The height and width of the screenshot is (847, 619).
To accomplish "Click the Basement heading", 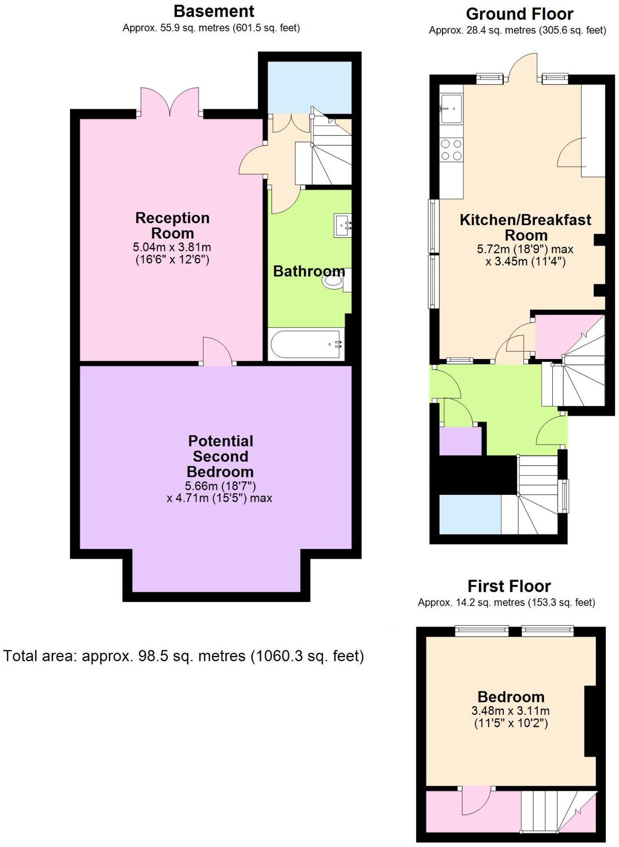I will [214, 11].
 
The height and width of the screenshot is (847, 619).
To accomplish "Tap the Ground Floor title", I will [519, 14].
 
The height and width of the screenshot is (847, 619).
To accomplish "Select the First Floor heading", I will [509, 586].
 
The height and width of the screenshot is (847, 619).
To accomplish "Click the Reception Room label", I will [172, 225].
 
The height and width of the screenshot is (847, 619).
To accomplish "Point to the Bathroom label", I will [309, 271].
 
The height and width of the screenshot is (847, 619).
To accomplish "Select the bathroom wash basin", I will [342, 225].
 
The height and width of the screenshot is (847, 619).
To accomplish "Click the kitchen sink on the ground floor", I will [451, 108].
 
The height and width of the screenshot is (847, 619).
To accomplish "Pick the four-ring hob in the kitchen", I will [451, 150].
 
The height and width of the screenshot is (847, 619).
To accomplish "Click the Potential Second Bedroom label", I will [220, 456].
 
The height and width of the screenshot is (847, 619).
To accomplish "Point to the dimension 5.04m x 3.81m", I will [172, 247].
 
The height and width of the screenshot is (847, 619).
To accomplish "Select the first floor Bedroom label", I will [511, 697].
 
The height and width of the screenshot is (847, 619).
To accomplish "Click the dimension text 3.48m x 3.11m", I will [510, 711].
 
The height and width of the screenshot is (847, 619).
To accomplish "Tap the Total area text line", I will [183, 656].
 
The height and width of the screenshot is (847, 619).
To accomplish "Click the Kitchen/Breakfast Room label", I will [525, 227].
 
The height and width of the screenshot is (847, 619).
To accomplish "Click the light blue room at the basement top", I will [309, 87].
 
